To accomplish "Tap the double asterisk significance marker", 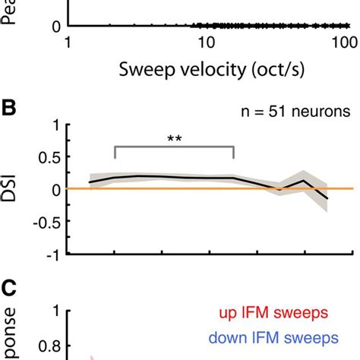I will coord(174,139).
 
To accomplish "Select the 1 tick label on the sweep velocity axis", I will coord(68,43).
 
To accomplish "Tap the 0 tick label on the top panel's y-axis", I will coord(55,27).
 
